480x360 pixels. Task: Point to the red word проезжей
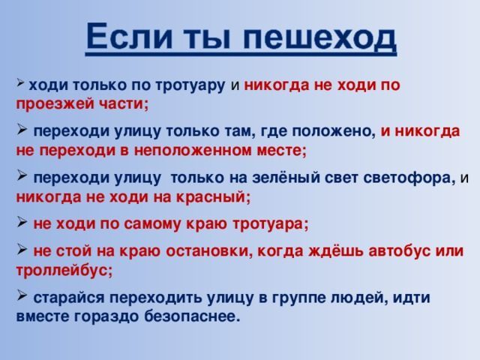(54, 104)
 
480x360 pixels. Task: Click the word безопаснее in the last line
(192, 316)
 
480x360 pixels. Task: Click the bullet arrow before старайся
(22, 295)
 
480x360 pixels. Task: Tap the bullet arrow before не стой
(22, 249)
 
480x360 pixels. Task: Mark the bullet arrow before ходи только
(20, 82)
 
